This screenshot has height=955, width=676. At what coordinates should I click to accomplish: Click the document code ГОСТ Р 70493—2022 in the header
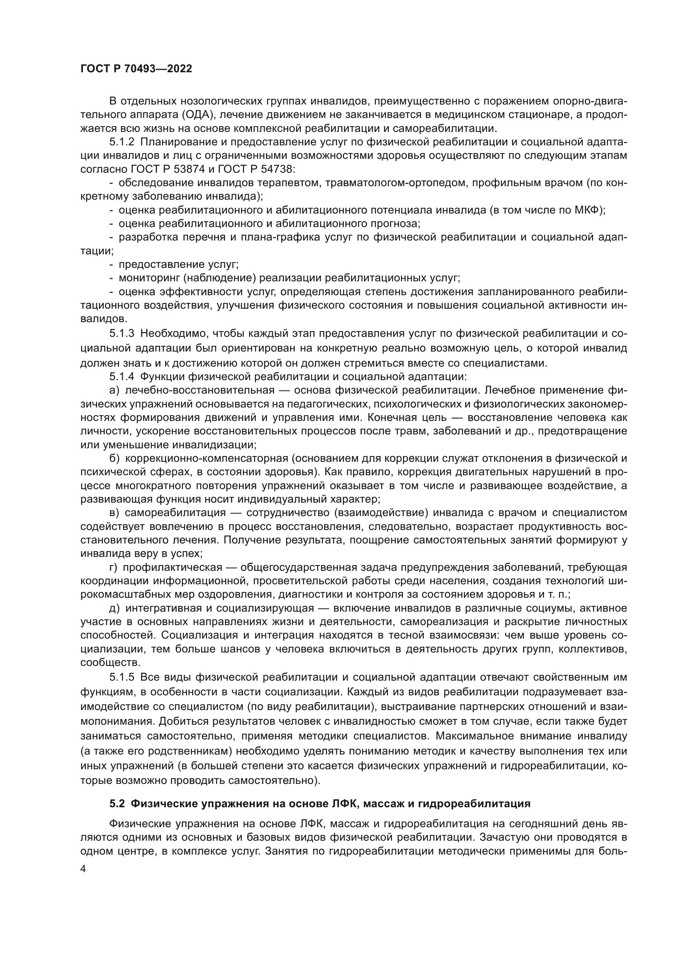136,69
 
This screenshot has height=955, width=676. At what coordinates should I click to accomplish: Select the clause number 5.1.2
122,142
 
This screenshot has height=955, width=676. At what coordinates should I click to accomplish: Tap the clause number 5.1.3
122,333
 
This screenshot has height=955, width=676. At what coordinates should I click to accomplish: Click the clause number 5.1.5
122,677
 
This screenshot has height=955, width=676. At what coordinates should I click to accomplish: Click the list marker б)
114,459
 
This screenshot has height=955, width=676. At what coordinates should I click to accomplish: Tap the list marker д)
114,608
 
